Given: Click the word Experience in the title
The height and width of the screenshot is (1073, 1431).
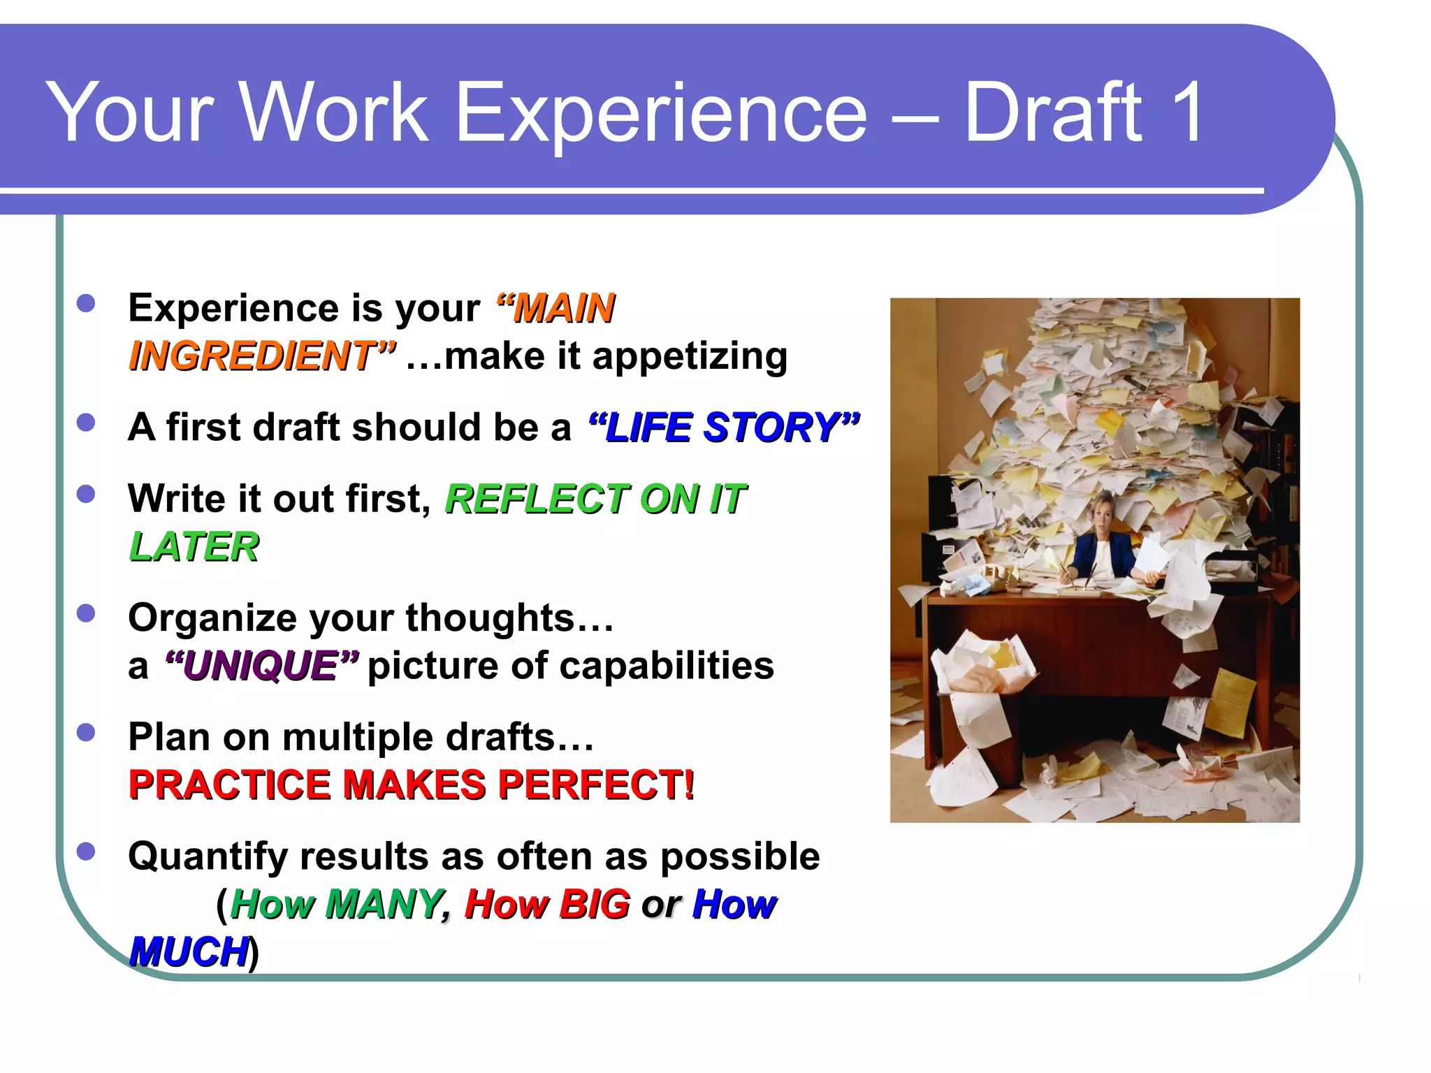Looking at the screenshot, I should pos(661,114).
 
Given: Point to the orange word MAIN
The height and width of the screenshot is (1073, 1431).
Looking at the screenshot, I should pos(563,308).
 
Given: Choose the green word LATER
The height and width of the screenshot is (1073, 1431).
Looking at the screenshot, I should pos(194,546).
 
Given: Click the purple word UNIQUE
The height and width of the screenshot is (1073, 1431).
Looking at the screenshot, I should pos(261,665).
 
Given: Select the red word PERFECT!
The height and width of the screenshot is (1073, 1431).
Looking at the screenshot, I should pos(596,784).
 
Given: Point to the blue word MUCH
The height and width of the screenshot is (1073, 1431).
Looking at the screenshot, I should pos(189,951).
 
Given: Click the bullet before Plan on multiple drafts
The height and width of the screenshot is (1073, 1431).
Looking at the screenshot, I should pos(86,732).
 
